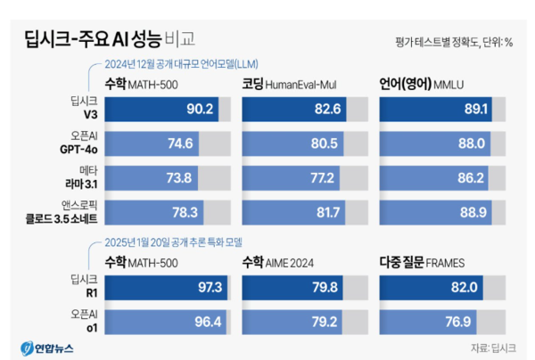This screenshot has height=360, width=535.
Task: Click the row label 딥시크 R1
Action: pos(79,286)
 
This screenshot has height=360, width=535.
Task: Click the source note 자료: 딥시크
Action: pos(492,347)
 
